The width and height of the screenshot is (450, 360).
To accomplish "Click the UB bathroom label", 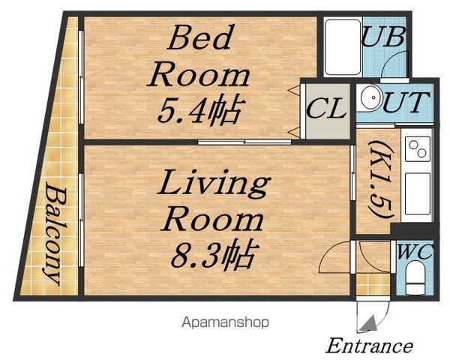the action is pos(383,37).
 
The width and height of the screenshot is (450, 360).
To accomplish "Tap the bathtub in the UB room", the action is pos(343,46).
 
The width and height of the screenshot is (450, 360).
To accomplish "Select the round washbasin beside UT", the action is pos(371,97).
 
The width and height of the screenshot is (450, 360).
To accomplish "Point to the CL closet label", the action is pos(325,108).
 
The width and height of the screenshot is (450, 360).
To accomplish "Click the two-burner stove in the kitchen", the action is pos(418,148).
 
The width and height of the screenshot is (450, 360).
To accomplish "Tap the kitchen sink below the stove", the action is pos(418,193).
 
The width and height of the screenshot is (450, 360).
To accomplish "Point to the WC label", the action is pos(415,252).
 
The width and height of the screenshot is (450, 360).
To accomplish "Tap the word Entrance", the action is pos(370,346).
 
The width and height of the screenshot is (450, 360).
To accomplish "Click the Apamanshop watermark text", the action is pos(225,322).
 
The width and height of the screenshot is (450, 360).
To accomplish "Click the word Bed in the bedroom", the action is pos(200,37).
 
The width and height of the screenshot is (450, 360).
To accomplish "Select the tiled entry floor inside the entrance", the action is pos(373,284).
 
